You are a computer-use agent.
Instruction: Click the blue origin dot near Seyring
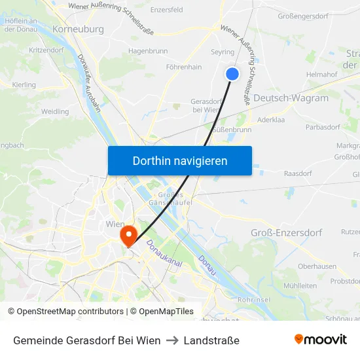(x=232, y=74)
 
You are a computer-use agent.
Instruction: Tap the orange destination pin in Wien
(x=126, y=234)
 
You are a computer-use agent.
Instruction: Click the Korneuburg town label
(x=78, y=29)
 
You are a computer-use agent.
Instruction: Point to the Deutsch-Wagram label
(x=290, y=98)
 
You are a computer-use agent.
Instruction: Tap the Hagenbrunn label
(x=148, y=50)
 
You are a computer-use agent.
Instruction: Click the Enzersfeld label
(x=167, y=10)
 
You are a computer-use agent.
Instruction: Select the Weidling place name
(x=55, y=112)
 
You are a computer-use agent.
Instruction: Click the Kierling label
(x=24, y=85)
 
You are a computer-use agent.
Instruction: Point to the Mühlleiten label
(x=300, y=286)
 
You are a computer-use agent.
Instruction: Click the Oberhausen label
(x=317, y=266)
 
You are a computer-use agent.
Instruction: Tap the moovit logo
(x=321, y=339)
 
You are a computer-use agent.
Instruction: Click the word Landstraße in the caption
(x=211, y=340)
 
